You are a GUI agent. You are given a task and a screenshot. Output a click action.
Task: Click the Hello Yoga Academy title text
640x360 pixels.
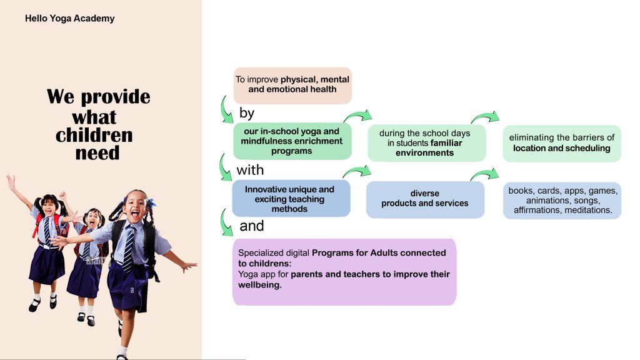tap(70, 18)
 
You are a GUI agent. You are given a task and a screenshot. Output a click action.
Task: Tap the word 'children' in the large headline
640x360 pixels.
tap(94, 135)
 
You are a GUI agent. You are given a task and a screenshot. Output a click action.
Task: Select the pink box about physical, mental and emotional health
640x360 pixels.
tap(292, 85)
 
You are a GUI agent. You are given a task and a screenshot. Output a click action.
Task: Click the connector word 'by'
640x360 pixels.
tap(247, 113)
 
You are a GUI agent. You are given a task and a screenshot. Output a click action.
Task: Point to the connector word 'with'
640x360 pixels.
tap(250, 170)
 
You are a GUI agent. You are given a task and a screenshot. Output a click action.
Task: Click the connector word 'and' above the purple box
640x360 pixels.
tap(251, 226)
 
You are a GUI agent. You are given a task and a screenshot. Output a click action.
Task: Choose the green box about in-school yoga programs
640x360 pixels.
tap(292, 141)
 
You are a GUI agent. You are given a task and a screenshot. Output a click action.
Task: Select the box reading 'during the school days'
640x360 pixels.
tap(426, 143)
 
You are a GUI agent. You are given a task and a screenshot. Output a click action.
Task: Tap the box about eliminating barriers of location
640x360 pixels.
tap(562, 143)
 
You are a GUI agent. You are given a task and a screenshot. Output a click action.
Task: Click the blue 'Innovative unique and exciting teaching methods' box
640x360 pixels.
tap(291, 198)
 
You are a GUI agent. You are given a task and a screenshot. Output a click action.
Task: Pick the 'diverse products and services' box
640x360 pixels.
tap(425, 199)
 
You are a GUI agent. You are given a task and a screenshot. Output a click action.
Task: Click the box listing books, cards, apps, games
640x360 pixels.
tap(562, 201)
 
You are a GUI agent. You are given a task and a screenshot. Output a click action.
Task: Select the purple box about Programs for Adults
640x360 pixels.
tap(344, 272)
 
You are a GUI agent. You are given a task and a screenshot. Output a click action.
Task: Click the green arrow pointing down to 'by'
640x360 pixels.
tap(225, 110)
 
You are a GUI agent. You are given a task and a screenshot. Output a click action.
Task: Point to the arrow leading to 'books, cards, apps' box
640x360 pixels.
tap(485, 174)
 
